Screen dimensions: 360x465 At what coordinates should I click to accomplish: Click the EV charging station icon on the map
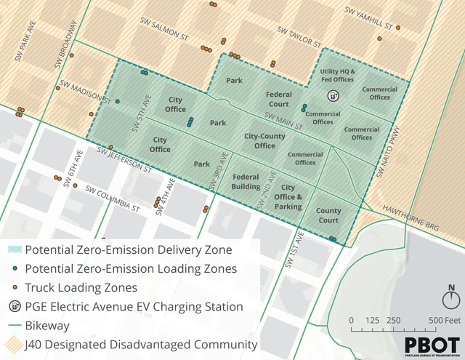[x=333, y=95]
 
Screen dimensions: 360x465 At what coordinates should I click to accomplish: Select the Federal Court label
[x=278, y=99]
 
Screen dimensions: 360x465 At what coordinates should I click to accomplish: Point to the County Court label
[x=328, y=215]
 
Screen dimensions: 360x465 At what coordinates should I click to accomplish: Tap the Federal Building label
[x=246, y=181]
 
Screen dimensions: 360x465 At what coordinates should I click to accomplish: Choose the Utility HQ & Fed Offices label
[x=337, y=75]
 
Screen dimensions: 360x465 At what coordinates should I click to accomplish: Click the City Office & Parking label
[x=288, y=197]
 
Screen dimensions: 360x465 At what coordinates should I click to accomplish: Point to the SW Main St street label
[x=284, y=121]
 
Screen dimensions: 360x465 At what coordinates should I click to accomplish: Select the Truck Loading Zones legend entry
[x=81, y=287]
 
